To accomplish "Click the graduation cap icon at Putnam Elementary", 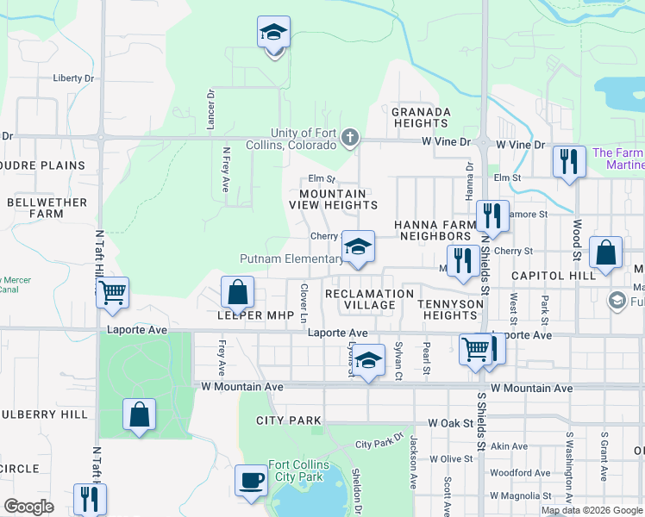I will point(358,246).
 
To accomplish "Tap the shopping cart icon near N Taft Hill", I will point(113,293).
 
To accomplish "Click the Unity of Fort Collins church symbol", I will point(350,137).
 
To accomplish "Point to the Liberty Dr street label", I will point(73,78).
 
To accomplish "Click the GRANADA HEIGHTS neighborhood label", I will point(421,118).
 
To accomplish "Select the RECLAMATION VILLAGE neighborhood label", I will point(370,300).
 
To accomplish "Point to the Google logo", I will point(28,507).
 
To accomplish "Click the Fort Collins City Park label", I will point(296,470).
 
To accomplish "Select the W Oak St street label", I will point(451,423).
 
